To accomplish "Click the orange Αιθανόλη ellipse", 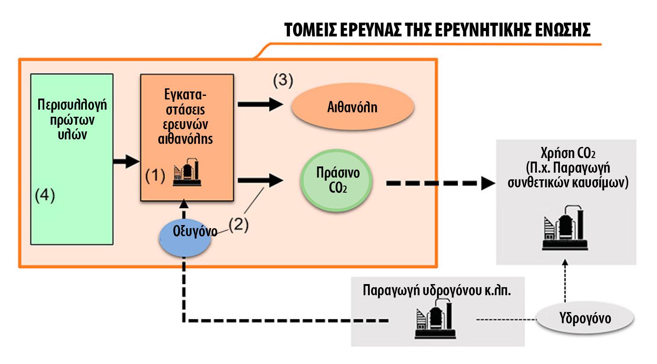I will (352, 107).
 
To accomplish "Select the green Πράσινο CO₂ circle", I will (336, 181).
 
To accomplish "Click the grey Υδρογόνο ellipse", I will (585, 318).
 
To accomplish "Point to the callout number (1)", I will (155, 176).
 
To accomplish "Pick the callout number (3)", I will (283, 80).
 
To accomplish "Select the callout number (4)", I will (45, 195).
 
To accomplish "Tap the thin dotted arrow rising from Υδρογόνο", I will (565, 281).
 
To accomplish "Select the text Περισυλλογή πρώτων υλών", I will (72, 119).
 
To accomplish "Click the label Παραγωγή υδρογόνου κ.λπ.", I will (437, 290).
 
